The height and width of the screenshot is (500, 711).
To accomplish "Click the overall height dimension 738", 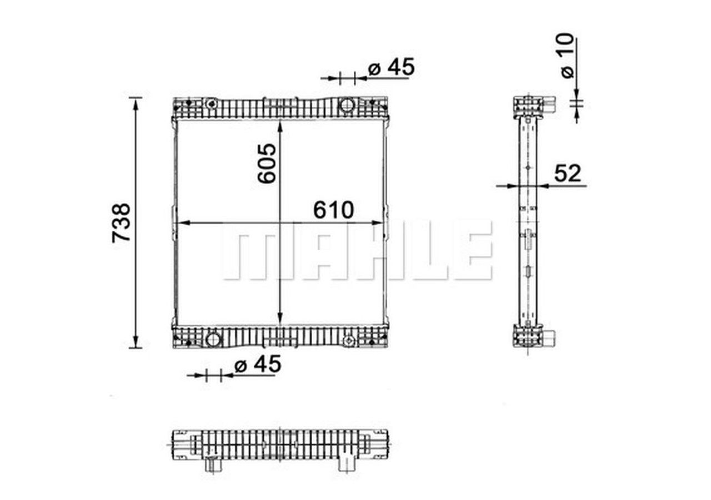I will point(122,222).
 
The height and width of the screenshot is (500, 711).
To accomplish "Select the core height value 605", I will point(267,163).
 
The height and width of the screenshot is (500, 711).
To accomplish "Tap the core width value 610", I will point(333,210).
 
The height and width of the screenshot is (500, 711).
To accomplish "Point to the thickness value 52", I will point(567,174).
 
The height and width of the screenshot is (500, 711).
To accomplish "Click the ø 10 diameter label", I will point(566,55).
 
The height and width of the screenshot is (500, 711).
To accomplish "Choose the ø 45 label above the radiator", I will point(392,67).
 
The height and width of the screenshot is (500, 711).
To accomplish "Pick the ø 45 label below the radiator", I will point(258,365).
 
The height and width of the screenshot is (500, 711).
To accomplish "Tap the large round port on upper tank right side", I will point(347,104).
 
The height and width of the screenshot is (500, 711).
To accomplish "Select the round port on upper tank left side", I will point(211,104).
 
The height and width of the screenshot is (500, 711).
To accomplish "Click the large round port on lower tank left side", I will point(213,340).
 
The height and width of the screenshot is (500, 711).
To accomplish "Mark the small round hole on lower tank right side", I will point(348,340).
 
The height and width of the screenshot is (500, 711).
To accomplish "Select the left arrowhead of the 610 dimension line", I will point(180,223).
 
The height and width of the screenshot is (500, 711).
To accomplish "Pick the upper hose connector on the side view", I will point(549,104).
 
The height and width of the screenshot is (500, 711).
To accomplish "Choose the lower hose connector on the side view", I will point(550,337).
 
